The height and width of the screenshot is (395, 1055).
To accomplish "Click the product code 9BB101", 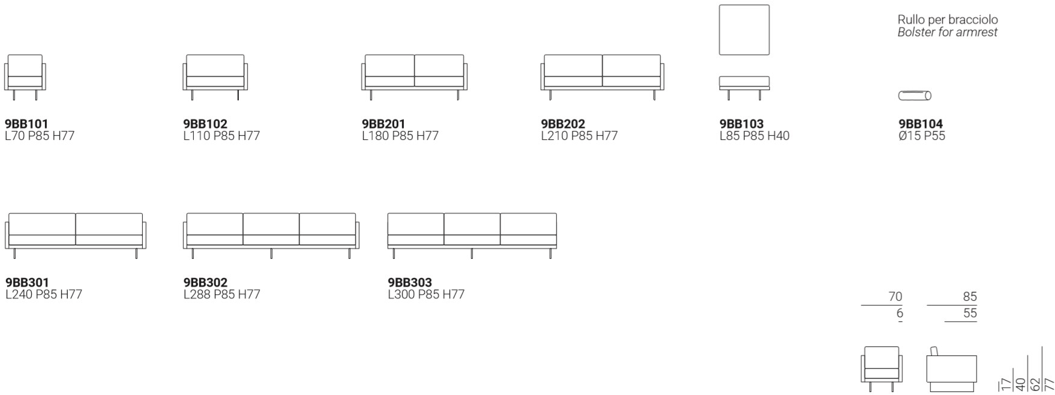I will [27, 124].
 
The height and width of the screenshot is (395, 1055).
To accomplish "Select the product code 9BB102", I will [205, 124].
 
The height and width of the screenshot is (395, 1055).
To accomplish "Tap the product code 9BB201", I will [384, 124].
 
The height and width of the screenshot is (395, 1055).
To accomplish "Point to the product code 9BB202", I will [563, 124].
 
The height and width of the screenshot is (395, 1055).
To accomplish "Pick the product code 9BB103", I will [742, 124].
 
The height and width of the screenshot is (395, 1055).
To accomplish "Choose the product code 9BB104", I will [921, 124].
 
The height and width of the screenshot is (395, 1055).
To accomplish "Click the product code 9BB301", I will [27, 282].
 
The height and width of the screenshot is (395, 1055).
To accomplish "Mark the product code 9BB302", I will [205, 282].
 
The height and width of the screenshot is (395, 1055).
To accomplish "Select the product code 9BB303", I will [410, 282].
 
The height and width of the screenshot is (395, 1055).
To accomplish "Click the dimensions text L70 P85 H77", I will [40, 136].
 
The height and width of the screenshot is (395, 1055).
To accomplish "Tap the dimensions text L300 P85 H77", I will [426, 295].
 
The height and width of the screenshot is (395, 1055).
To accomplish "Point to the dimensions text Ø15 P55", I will [922, 136].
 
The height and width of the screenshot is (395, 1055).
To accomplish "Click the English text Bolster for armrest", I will [948, 32].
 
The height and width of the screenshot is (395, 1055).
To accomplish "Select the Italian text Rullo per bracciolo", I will [948, 20].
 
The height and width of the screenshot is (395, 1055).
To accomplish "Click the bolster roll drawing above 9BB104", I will [915, 95].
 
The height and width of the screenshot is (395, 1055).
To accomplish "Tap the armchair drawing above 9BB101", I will [25, 75].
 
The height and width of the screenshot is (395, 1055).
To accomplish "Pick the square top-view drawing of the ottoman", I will [745, 29].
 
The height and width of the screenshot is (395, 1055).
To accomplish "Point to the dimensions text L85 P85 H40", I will [754, 136].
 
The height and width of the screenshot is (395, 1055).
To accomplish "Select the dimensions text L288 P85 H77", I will [223, 295].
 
